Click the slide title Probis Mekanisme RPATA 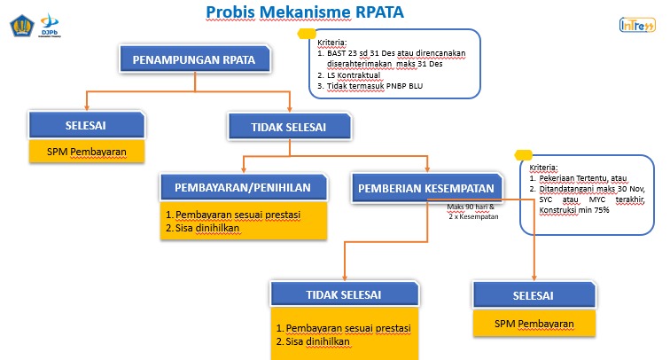[x=292, y=12]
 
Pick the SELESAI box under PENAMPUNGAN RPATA [x=86, y=124]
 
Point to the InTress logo [x=637, y=26]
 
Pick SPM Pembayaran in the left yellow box [x=85, y=151]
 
